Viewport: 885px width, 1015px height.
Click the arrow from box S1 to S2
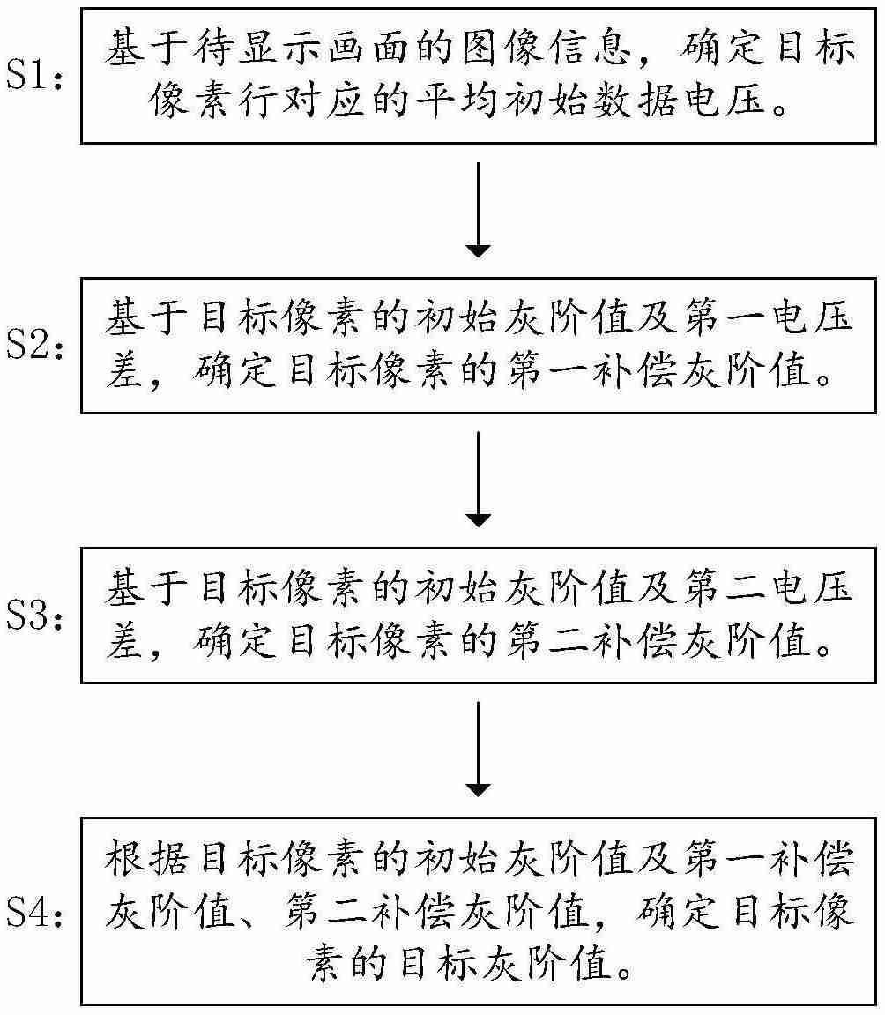click(x=477, y=210)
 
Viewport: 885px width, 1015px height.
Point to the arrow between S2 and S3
click(x=477, y=479)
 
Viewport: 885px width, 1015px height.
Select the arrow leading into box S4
click(x=477, y=749)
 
